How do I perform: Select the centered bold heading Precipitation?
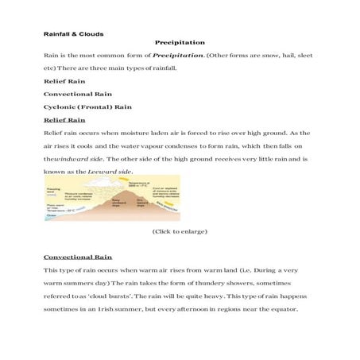click(180, 42)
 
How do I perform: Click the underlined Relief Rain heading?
click(64, 119)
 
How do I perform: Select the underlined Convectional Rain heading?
click(78, 257)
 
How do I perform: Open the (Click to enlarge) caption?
click(180, 231)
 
